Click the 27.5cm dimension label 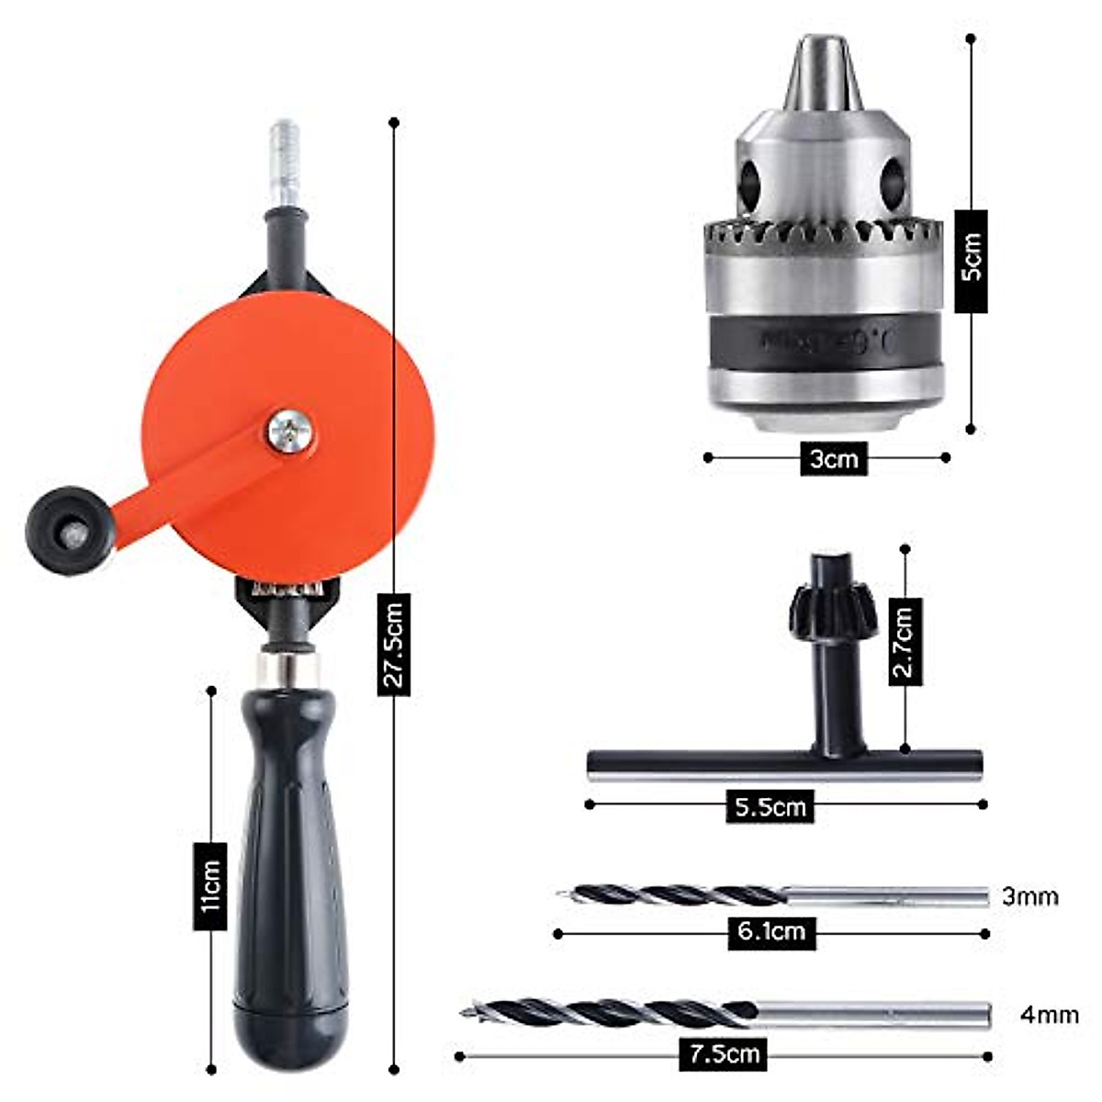click(394, 644)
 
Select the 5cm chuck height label click(971, 261)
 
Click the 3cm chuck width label click(833, 458)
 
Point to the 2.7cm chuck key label click(905, 643)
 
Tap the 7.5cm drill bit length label click(725, 1054)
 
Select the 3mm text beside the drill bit click(1030, 895)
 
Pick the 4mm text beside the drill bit click(1049, 1015)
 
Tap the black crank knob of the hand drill click(70, 531)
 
